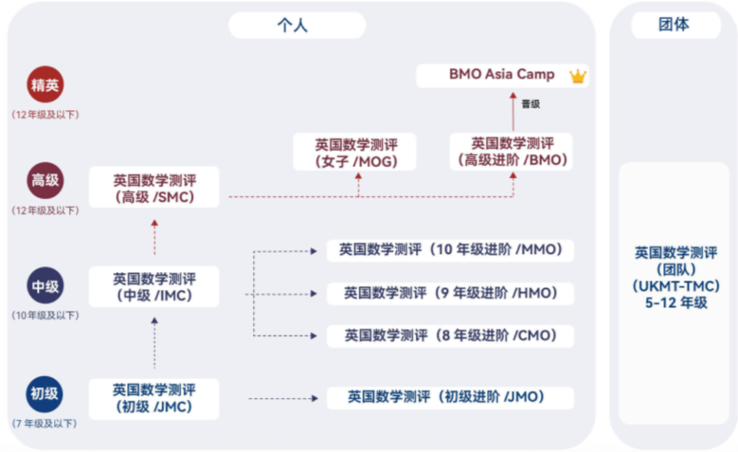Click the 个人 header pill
click(297, 25)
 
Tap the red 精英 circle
click(45, 85)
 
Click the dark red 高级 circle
click(45, 181)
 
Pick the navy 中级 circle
click(45, 286)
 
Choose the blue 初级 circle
click(45, 395)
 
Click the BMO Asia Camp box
click(502, 75)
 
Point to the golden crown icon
click(578, 76)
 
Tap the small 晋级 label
click(530, 104)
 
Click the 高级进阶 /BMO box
click(512, 152)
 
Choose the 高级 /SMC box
click(154, 189)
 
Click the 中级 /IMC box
click(154, 287)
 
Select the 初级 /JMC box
click(154, 398)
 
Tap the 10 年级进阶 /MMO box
click(450, 250)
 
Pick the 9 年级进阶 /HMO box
click(450, 293)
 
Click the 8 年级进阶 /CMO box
click(450, 336)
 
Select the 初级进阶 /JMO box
click(450, 397)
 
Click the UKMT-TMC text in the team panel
click(676, 286)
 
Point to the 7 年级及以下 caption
click(45, 424)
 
